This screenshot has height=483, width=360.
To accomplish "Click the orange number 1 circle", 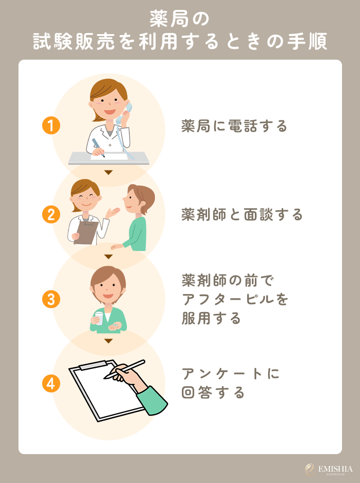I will click(x=51, y=126).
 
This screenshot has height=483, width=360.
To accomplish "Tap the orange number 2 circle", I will click(x=51, y=215).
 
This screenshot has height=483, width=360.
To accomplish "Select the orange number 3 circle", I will click(x=51, y=299).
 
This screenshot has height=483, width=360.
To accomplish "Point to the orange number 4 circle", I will click(x=51, y=384).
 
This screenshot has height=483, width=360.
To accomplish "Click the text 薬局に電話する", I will click(x=234, y=126).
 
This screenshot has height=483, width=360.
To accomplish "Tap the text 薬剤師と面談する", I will click(x=242, y=215).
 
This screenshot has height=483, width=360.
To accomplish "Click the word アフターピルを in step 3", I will click(x=235, y=299).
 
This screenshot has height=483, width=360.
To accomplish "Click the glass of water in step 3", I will click(x=99, y=318).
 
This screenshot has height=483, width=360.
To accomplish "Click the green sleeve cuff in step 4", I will click(x=153, y=401).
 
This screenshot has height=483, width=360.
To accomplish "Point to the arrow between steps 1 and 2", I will click(x=108, y=172).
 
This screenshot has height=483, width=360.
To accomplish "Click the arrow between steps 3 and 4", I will click(x=108, y=341).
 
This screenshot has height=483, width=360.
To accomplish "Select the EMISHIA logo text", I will click(x=335, y=469).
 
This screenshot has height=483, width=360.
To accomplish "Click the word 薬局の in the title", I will click(x=180, y=20).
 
